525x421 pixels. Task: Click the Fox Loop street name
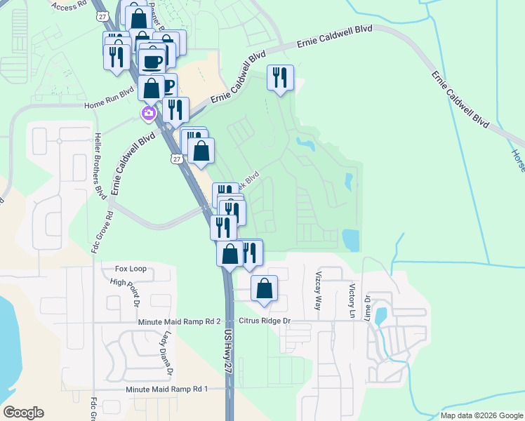[x=131, y=269]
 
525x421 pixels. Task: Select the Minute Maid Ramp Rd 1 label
[x=167, y=389]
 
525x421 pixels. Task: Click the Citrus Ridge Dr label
[x=265, y=321]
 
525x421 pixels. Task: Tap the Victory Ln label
[x=352, y=298]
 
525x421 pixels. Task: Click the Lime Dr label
[x=366, y=306]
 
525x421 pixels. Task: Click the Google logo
[x=23, y=413]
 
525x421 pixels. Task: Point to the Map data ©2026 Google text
[x=481, y=415]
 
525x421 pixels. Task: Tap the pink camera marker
[x=149, y=114]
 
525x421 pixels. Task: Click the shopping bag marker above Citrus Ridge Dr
[x=264, y=288]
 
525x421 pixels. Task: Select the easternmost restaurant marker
[x=281, y=77]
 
